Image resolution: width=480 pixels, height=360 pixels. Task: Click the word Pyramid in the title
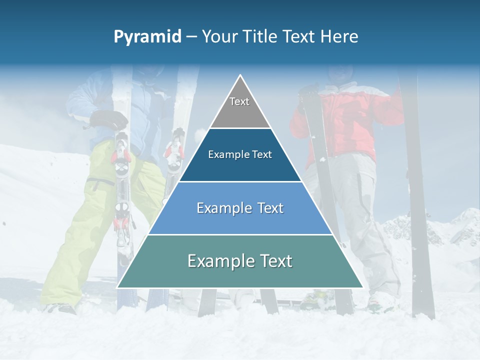point(147,37)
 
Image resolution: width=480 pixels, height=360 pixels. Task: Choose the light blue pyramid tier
point(240,220)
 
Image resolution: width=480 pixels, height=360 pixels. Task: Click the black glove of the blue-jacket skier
point(110,120)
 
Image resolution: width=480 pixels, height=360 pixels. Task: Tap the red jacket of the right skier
point(350,120)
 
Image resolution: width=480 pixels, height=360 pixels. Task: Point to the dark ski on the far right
point(420,200)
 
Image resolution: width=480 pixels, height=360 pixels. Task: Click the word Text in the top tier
point(239,101)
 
